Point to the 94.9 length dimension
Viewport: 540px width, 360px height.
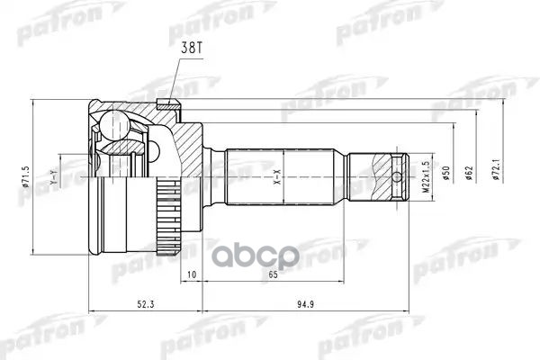pos(304,302)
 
